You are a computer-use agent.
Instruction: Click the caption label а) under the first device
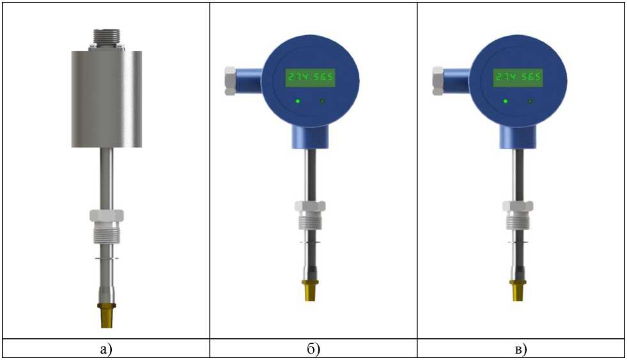[x=106, y=350]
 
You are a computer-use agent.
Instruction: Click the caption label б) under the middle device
[x=314, y=349]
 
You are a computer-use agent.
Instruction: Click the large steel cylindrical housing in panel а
[x=107, y=99]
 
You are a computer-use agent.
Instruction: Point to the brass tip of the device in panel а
[x=106, y=316]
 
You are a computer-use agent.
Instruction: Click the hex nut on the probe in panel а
[x=107, y=215]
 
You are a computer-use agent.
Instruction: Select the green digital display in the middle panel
[x=309, y=77]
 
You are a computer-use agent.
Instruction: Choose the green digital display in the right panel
[x=518, y=77]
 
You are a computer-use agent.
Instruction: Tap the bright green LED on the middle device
[x=297, y=101]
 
